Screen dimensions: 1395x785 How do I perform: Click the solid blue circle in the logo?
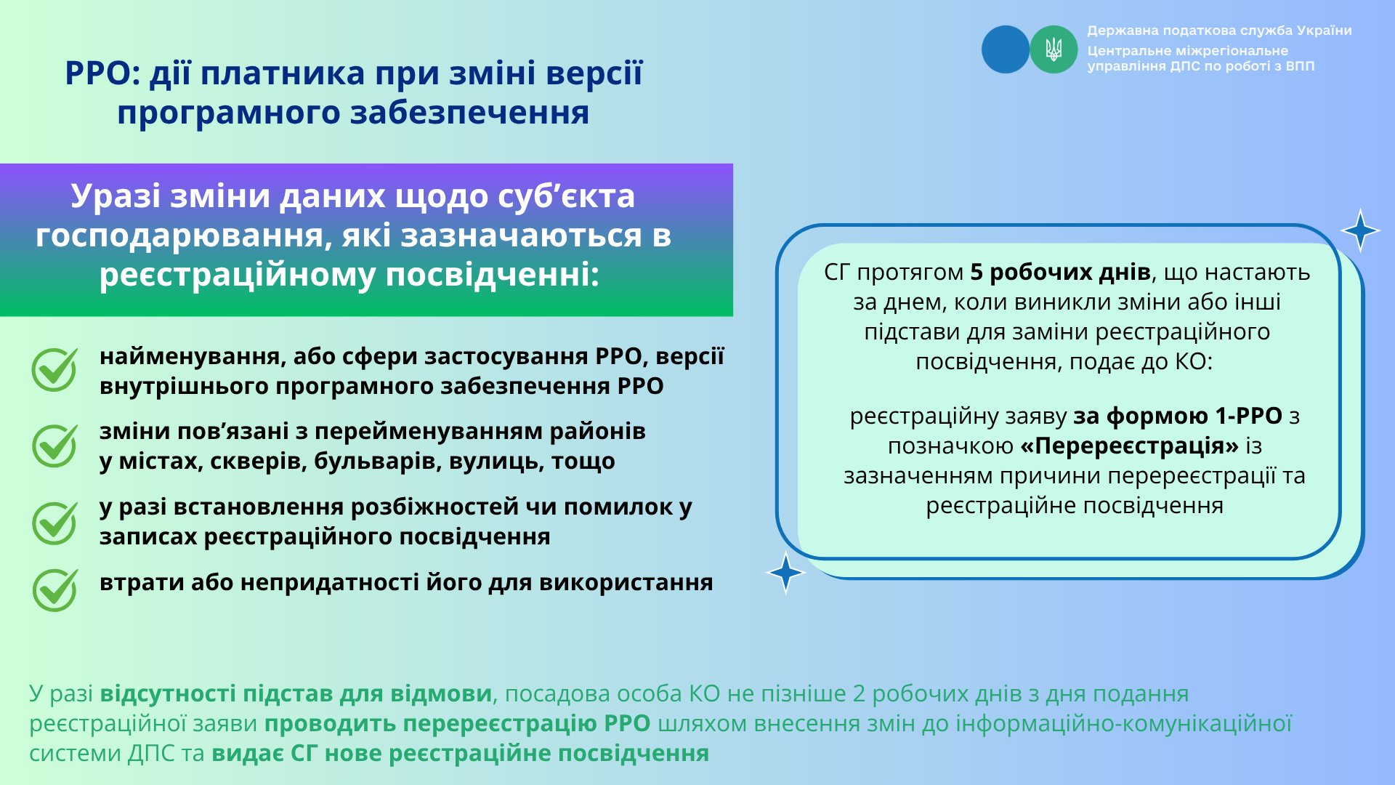tap(1006, 49)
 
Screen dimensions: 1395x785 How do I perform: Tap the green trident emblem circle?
tap(1054, 49)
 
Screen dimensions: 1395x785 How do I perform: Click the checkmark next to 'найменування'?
tap(54, 369)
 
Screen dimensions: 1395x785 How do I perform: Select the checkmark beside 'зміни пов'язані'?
tap(54, 445)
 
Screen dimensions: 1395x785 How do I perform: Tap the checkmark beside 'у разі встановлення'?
tap(54, 523)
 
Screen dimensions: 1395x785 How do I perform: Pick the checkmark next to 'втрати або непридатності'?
tap(54, 589)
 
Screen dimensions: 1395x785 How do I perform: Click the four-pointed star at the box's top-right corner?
tap(1360, 230)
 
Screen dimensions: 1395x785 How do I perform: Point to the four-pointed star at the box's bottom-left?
tap(785, 573)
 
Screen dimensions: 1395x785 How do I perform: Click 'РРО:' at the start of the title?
tap(102, 73)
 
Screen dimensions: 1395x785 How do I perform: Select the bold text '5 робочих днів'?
tap(1061, 272)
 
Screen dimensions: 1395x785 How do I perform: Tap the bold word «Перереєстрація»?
tap(1130, 446)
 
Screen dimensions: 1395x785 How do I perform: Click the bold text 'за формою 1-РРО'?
tap(1178, 416)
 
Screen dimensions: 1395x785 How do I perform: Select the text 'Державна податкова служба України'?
tap(1219, 31)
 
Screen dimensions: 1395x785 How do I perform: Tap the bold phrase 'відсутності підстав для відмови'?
tap(296, 693)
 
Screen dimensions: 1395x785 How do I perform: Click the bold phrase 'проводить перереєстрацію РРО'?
tap(458, 723)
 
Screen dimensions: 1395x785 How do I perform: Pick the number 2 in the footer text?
tap(859, 693)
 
